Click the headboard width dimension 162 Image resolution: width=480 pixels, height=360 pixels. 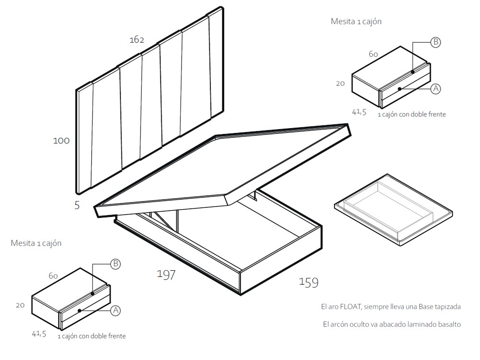tap(137, 40)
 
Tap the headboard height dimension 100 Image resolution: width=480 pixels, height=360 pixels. tap(61, 141)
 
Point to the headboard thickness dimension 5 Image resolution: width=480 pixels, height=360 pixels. tap(77, 205)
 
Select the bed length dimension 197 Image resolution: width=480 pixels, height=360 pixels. tap(166, 275)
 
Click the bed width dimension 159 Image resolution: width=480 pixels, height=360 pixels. tap(308, 283)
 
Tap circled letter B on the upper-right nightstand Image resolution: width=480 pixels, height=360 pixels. tap(435, 42)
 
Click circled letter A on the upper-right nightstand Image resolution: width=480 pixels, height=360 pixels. tap(435, 89)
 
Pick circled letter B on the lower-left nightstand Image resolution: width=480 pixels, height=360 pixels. tap(115, 264)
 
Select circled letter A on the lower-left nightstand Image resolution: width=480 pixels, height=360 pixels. tap(115, 311)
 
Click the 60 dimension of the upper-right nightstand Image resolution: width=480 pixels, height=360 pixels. tap(373, 54)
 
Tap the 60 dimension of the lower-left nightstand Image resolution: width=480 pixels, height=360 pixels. tap(53, 276)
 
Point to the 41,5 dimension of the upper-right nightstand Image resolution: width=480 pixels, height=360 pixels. tap(359, 112)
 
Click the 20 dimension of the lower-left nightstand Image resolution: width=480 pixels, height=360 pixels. tap(20, 305)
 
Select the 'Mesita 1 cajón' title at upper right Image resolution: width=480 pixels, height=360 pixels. tap(356, 22)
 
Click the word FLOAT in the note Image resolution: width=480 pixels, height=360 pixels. tap(352, 306)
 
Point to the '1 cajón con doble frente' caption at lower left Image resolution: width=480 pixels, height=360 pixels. tap(92, 336)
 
